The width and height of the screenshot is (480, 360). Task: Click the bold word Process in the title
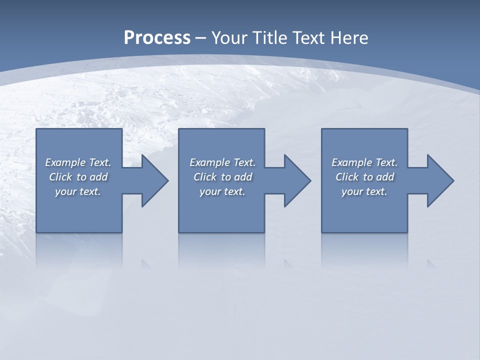[x=157, y=38]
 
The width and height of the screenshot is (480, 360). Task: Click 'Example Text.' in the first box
[x=78, y=162]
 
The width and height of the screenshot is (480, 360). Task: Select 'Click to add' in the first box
[x=78, y=177]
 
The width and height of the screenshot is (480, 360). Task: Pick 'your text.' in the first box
[x=78, y=191]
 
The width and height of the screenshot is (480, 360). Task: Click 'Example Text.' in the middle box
[x=222, y=162]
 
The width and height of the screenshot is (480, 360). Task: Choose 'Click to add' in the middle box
[x=222, y=177]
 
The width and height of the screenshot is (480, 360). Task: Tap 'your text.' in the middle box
[x=222, y=191]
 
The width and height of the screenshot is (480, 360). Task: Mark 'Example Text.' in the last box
[x=364, y=162]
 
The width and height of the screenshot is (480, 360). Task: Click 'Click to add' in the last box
[x=364, y=177]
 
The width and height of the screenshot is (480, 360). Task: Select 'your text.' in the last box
[x=364, y=191]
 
